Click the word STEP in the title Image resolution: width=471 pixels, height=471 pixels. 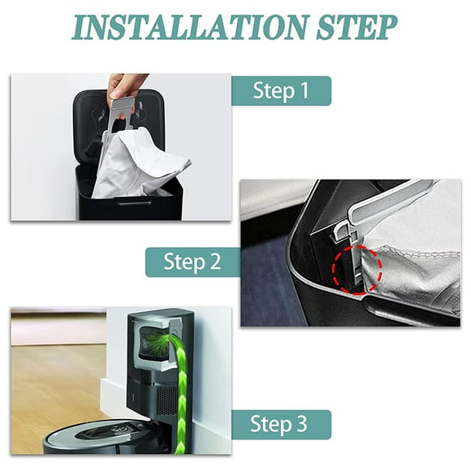tap(353, 27)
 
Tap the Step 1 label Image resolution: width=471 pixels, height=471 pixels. tap(281, 91)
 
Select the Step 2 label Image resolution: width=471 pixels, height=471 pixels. tap(192, 261)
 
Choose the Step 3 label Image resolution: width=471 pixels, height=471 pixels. tap(281, 425)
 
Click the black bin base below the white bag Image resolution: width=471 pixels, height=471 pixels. tap(130, 207)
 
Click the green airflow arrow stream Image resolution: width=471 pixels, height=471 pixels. tap(180, 390)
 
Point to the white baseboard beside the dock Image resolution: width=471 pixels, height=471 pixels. tap(114, 398)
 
